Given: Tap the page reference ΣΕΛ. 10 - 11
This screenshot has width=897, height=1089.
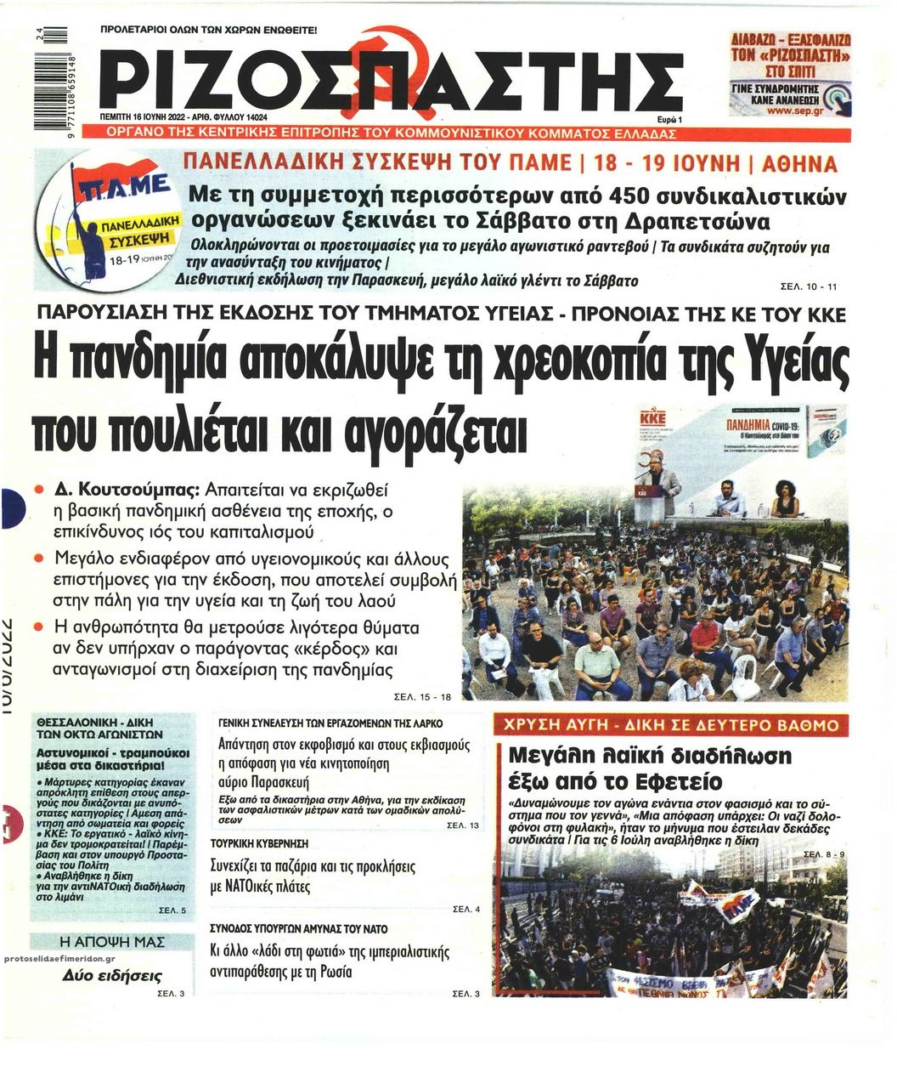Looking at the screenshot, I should click(x=808, y=286).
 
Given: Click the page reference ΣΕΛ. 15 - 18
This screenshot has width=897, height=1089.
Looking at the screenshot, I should click(x=424, y=697).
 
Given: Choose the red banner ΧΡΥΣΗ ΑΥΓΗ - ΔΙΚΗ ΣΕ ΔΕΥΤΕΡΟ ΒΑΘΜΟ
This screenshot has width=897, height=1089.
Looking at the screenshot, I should click(x=671, y=726).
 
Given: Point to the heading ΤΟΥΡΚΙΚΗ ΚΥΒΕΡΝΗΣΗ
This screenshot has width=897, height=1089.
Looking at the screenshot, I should click(x=259, y=843).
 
